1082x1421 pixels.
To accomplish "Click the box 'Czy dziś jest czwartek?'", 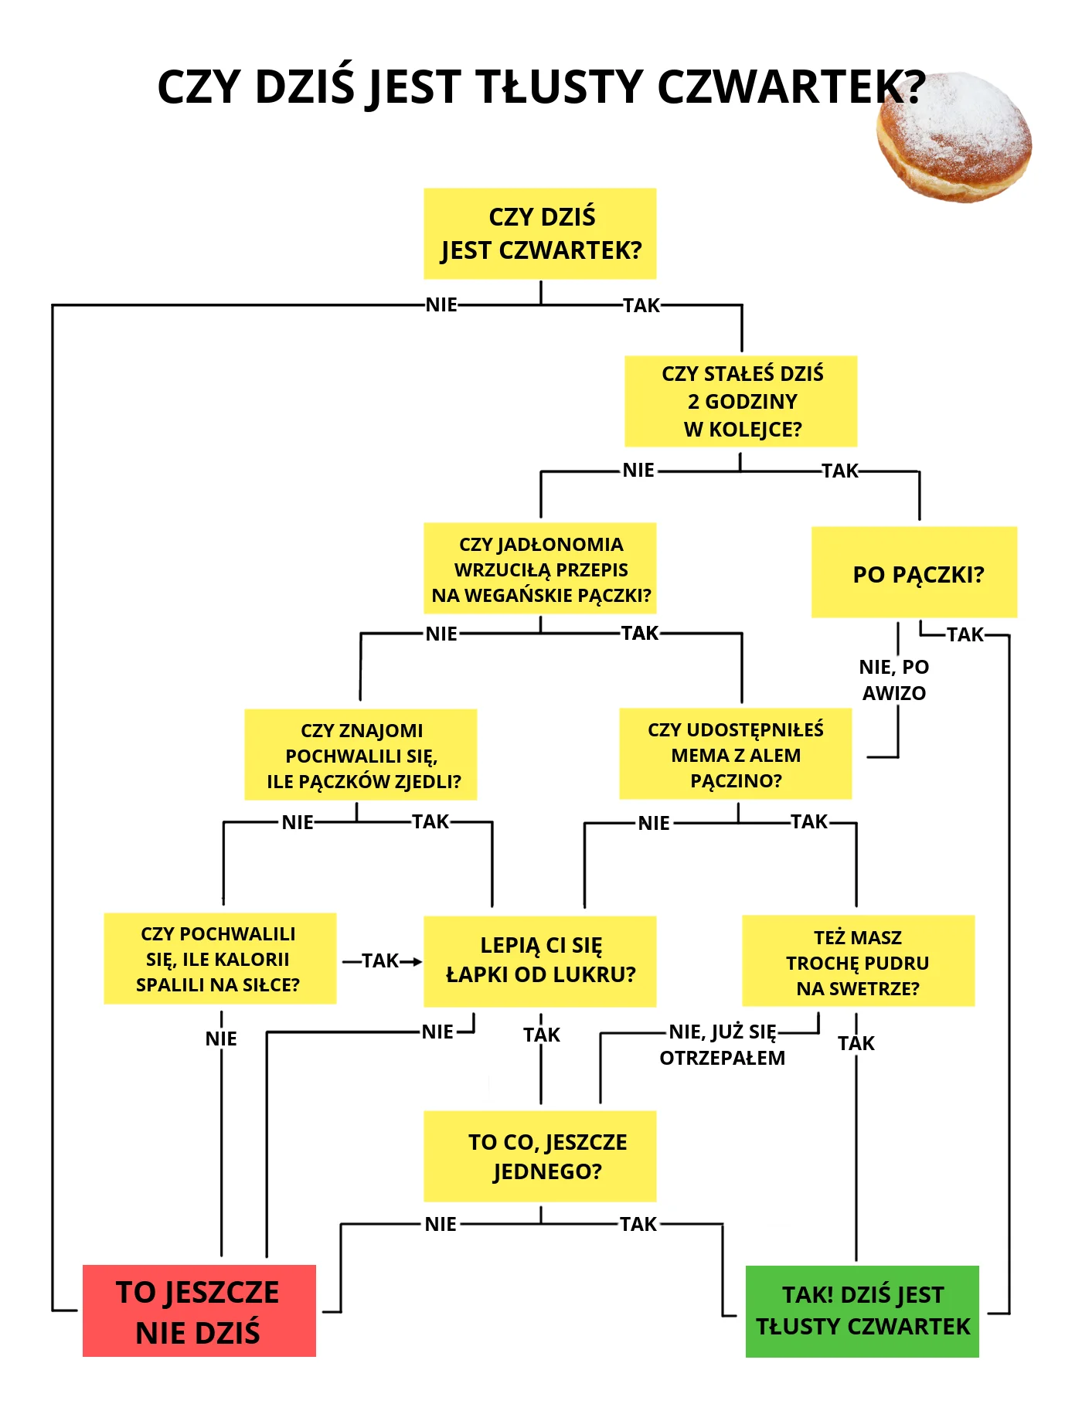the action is [540, 233].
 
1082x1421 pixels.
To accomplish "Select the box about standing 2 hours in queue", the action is [741, 401].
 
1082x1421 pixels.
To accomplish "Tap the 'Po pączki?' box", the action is [914, 572].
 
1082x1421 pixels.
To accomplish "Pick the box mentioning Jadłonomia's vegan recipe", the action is [540, 569].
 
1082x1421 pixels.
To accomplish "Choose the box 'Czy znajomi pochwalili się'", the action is [361, 755].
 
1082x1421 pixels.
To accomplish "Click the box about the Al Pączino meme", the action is [736, 754].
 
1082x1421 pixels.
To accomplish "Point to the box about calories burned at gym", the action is [220, 958].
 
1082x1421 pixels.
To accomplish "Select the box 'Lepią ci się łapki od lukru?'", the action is [540, 961].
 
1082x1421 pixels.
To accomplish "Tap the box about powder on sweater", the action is [859, 961].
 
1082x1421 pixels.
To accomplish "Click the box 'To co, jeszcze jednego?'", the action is [540, 1156].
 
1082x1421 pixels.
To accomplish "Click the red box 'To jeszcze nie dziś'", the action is [199, 1311].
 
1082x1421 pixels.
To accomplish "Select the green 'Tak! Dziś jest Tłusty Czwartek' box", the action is [863, 1311].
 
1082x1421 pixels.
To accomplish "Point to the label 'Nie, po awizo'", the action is [894, 680].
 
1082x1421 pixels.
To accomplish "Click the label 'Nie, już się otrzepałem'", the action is [723, 1045].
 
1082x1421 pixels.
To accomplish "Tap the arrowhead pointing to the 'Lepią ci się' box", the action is [417, 961].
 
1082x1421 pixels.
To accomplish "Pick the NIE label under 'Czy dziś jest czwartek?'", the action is [441, 304].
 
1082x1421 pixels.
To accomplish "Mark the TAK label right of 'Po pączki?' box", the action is [965, 634].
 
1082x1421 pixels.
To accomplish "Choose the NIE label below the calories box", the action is [221, 1039].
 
